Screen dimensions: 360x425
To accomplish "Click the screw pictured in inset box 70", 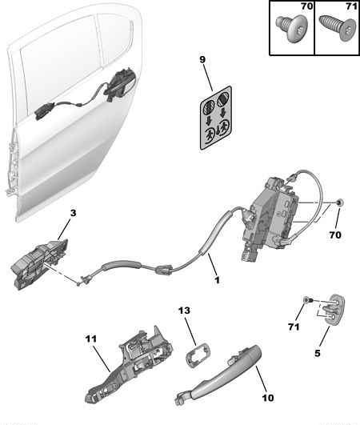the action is click(x=291, y=28).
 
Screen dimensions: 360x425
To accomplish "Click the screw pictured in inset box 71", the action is click(x=338, y=28).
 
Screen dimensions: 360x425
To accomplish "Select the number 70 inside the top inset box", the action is click(x=306, y=6).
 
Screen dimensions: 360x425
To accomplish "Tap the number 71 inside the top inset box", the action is click(x=352, y=6).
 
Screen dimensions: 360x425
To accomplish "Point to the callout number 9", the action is click(x=202, y=59).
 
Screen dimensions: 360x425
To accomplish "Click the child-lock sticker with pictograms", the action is click(x=216, y=118).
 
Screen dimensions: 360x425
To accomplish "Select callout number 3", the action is click(x=73, y=213).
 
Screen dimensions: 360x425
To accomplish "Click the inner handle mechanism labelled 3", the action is click(x=39, y=263).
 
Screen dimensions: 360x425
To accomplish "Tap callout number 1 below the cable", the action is click(x=217, y=280).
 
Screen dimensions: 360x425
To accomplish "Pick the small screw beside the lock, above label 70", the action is click(x=340, y=202).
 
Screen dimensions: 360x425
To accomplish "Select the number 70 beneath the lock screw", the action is click(x=335, y=235).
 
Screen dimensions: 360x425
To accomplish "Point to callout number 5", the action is click(x=318, y=353).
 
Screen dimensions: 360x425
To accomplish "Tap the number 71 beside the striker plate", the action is click(x=294, y=327).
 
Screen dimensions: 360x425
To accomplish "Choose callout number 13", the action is click(x=184, y=311).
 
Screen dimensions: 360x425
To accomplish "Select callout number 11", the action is click(x=90, y=339).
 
